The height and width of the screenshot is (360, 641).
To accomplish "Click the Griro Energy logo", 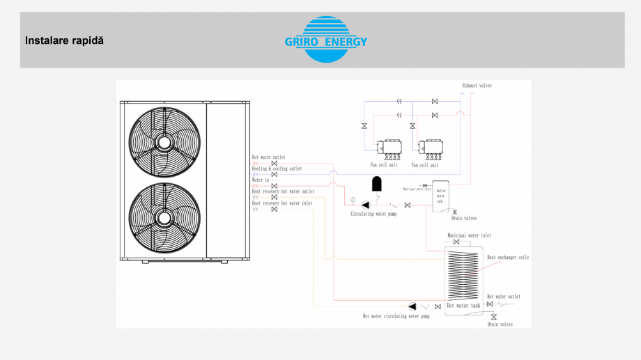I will tap(325, 40).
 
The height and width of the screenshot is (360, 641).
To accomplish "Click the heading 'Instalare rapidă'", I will tap(64, 40).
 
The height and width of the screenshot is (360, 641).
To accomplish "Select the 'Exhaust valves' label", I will tap(477, 86).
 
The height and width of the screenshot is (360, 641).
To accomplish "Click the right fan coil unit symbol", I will tap(429, 148).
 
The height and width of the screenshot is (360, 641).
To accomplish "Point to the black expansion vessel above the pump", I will tap(377, 184).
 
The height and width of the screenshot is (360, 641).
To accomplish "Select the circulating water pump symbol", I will tap(365, 205).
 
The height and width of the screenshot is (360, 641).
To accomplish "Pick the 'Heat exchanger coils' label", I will tap(507, 258).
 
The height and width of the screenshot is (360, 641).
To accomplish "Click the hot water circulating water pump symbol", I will tap(412, 306).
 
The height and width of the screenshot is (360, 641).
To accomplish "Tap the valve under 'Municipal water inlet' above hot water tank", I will tap(456, 242).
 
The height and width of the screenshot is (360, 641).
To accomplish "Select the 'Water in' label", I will tap(260, 180).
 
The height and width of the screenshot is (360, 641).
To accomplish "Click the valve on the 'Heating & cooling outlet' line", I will tap(274, 174).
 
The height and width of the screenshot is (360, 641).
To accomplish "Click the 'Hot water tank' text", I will tap(463, 306).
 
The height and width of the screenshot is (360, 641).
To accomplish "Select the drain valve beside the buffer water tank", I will tap(455, 212).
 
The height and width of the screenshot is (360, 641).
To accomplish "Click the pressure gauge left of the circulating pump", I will tap(353, 201).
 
